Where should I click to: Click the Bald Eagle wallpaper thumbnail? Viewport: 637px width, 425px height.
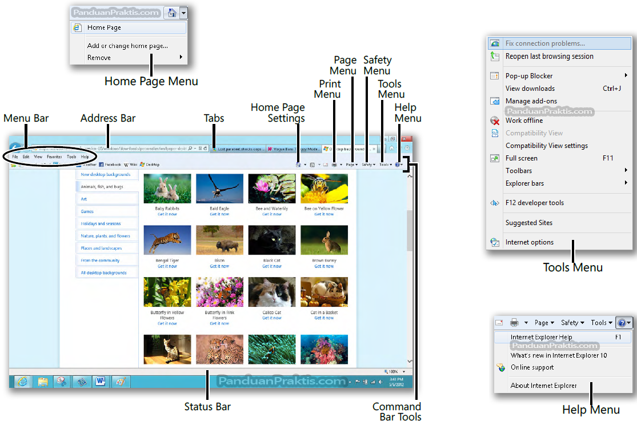pos(219,189)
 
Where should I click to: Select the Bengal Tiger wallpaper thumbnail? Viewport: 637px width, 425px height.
pos(167,240)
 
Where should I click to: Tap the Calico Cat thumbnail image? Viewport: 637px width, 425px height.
pos(272,292)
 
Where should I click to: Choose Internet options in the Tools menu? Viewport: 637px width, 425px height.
pos(530,242)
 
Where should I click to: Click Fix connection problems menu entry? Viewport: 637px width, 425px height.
pos(545,43)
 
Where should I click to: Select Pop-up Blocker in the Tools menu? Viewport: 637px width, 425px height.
pos(529,76)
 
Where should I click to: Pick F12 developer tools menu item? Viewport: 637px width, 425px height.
pos(535,203)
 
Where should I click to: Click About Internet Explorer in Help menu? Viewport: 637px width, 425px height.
pos(544,386)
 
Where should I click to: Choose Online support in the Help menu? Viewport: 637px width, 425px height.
pos(532,367)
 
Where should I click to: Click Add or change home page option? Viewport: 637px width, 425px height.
pos(127,46)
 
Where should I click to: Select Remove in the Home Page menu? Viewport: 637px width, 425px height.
pos(99,58)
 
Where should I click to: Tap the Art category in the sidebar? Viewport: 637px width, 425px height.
pos(84,199)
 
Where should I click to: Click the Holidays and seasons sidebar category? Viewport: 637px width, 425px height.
pos(101,224)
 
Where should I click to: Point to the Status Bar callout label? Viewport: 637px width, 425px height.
pos(207,407)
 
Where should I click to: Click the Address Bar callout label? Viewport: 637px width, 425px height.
pos(108,118)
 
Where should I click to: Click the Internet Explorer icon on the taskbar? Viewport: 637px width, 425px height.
pos(22,382)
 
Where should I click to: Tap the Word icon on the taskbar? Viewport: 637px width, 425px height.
pos(101,382)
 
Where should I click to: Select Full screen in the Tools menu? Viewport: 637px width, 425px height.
pos(522,158)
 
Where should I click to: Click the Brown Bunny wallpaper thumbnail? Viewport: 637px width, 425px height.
pos(324,240)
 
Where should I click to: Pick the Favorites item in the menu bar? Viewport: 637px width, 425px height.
pos(54,157)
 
